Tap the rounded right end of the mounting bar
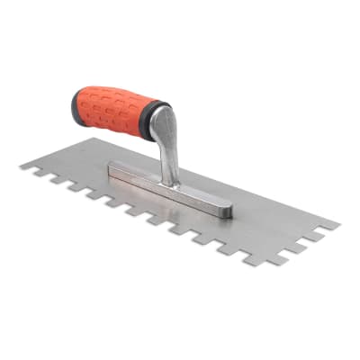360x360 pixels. point(227,211)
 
